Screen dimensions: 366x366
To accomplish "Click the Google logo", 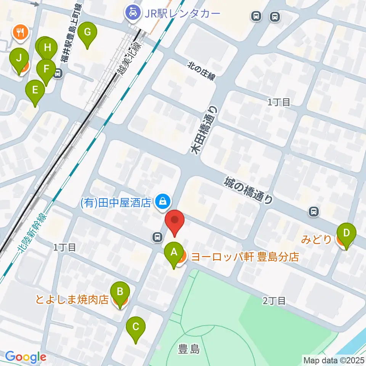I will tap(26, 357).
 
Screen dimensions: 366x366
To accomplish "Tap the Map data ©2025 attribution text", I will tap(334, 360).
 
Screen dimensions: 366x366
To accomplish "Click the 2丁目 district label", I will tap(274, 301).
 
